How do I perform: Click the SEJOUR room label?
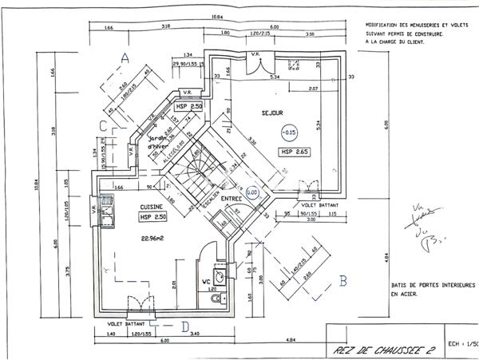[x=272, y=113]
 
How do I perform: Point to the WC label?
[x=205, y=281]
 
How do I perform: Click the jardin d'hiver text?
[x=161, y=141]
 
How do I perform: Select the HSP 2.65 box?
[x=294, y=151]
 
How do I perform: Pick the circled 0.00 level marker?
[x=251, y=192]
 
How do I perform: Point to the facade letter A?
[x=125, y=57]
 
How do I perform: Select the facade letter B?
[x=343, y=280]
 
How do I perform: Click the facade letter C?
[x=103, y=125]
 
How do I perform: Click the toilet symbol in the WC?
[x=216, y=299]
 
